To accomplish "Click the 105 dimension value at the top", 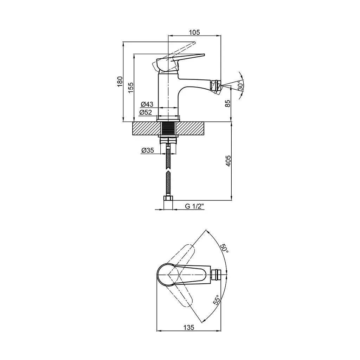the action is (x=194, y=32).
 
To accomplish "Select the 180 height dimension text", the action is (x=120, y=82).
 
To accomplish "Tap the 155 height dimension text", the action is (x=131, y=88).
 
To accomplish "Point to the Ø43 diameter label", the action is (x=147, y=104).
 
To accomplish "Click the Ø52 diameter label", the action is (x=146, y=112).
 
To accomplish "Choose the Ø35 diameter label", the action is (x=147, y=150).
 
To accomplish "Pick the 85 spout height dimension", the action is (x=227, y=103).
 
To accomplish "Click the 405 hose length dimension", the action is (x=228, y=161).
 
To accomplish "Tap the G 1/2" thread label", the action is (x=194, y=206).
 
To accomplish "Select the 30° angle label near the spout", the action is (x=240, y=85).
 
